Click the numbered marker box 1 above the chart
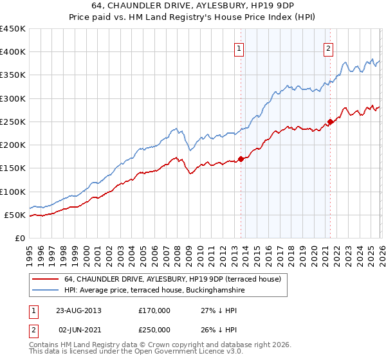[239, 48]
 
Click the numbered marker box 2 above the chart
[328, 48]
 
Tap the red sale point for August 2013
[241, 158]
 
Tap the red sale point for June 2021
[330, 121]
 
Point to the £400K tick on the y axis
[13, 52]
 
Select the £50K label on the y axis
[15, 215]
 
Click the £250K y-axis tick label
[13, 122]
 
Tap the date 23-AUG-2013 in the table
[78, 310]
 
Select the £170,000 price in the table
[154, 310]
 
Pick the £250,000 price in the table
[154, 330]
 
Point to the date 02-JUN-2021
[78, 330]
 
